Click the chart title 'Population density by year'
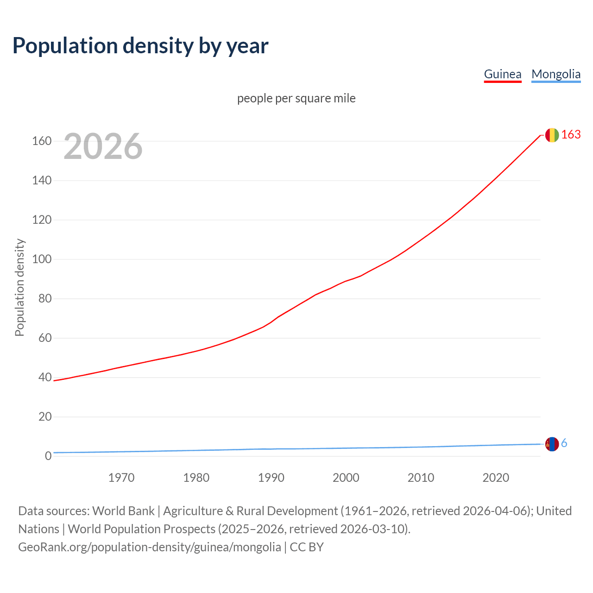[140, 46]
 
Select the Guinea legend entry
[503, 74]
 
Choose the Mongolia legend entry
[556, 74]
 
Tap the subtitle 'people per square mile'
[296, 98]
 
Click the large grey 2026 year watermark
[103, 146]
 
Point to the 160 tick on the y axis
[42, 141]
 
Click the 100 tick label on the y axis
[42, 259]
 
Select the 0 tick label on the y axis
[48, 456]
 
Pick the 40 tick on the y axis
[45, 377]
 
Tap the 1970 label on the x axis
[121, 478]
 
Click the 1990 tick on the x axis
[271, 478]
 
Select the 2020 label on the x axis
[496, 478]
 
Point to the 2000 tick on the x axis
[346, 478]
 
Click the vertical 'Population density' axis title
[19, 287]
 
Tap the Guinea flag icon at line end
[552, 135]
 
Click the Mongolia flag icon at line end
[552, 444]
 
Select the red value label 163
[571, 134]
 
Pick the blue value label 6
[564, 443]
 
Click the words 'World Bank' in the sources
[123, 511]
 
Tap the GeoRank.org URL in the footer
[150, 547]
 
